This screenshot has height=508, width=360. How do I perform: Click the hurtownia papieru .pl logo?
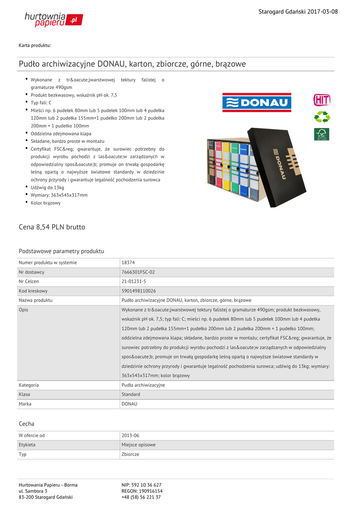coord(54,19)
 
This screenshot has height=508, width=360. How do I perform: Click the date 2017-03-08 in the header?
coord(322,11)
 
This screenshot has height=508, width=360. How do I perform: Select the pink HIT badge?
coord(321,100)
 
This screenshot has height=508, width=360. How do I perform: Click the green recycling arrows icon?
coord(322,118)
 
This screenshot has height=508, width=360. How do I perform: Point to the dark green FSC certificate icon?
coord(321,134)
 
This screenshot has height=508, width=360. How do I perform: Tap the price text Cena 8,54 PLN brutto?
coord(52,227)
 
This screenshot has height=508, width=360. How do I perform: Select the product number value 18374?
coord(128,262)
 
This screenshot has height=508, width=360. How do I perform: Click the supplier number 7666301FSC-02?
coord(138,272)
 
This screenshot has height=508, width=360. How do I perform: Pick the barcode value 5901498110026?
coord(139,291)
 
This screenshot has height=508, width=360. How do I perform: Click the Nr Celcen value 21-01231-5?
coord(134,281)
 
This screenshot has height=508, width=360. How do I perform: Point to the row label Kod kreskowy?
coord(33,291)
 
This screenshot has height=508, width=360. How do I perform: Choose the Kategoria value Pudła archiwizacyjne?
coord(143,385)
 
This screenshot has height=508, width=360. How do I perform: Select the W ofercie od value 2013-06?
coord(130,436)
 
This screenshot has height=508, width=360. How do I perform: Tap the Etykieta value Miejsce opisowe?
coord(139,445)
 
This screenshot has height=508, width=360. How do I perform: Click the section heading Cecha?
coord(26,424)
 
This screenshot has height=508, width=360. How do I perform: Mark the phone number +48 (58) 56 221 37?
coord(141,497)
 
